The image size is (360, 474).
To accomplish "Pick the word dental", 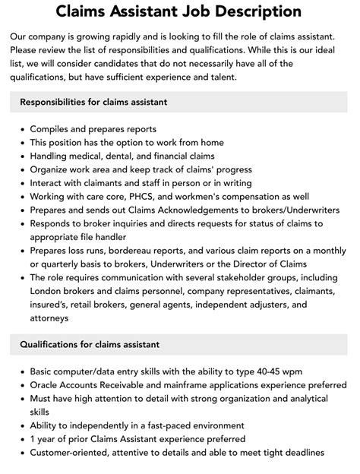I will (x=123, y=156).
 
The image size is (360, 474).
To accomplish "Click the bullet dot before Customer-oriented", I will (x=20, y=453).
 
